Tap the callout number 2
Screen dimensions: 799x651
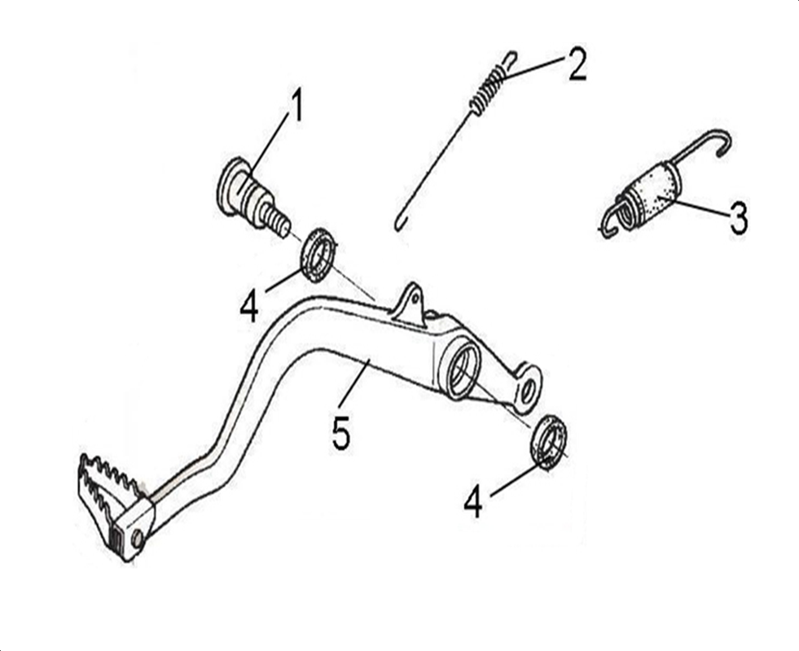point(577,64)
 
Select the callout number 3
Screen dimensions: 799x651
point(739,218)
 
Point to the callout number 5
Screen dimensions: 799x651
point(341,433)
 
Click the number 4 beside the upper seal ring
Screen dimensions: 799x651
point(249,307)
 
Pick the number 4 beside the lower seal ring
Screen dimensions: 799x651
point(473,500)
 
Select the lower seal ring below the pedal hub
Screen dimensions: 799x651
point(549,443)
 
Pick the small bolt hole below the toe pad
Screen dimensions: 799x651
point(137,539)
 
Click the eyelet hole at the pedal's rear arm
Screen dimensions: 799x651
point(529,389)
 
